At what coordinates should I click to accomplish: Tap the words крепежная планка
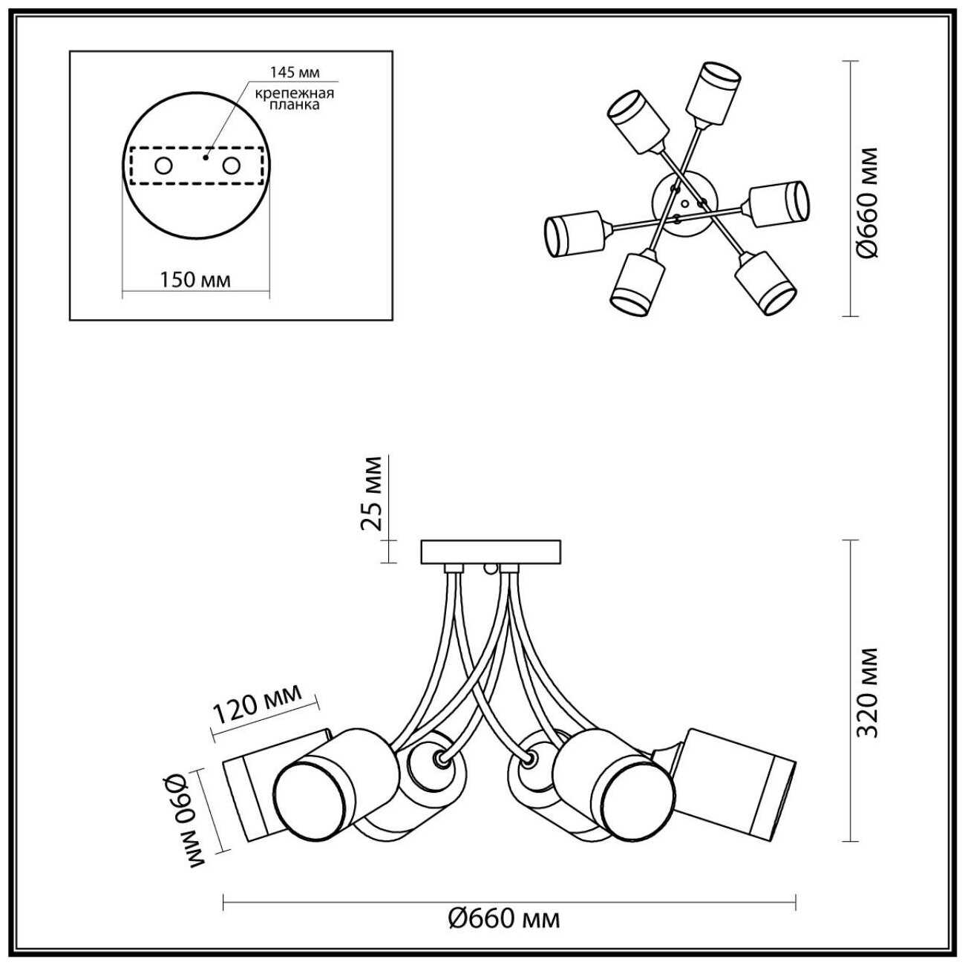tap(295, 99)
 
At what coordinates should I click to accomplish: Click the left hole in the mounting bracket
tap(164, 166)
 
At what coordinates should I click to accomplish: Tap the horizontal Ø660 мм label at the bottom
tap(504, 919)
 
